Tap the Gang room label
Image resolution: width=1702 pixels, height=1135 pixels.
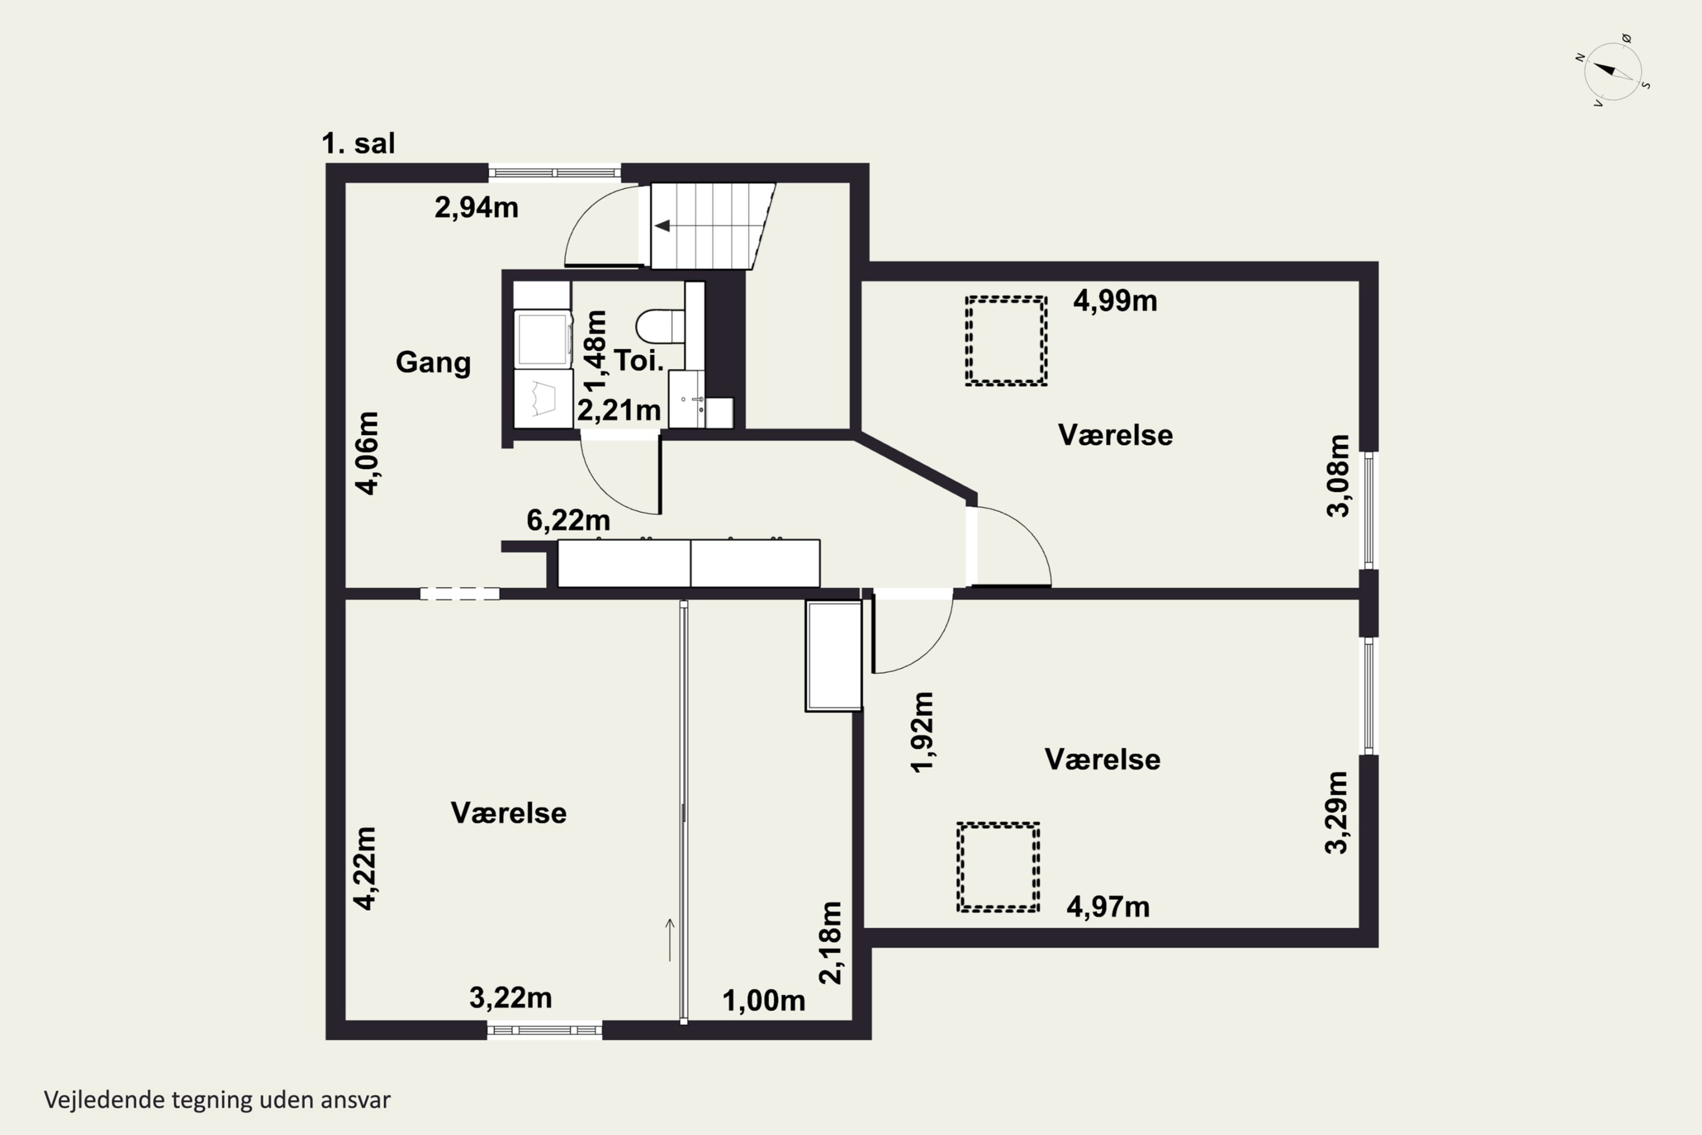coord(433,362)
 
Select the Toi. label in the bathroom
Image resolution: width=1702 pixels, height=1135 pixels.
coord(639,360)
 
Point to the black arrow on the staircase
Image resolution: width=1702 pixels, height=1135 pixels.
coord(662,226)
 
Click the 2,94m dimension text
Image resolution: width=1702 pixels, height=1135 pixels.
coord(476,208)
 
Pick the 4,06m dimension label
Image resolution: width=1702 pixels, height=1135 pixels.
coord(367,453)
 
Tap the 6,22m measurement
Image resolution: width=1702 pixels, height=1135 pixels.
coord(568,520)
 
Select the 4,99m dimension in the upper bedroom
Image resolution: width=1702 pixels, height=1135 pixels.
coord(1115,300)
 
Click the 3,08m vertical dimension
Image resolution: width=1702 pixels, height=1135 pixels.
coord(1338,476)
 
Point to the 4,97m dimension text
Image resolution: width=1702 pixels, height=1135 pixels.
coord(1108,906)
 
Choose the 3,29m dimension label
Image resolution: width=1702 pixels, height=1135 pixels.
coord(1336,813)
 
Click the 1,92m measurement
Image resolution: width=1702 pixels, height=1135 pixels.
coord(922,733)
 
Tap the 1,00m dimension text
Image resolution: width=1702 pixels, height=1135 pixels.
coord(764,1001)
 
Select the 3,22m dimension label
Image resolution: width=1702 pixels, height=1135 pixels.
coord(511,998)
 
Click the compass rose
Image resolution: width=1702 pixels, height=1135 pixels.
coord(1613,71)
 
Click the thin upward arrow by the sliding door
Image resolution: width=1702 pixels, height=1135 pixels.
coord(670,940)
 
